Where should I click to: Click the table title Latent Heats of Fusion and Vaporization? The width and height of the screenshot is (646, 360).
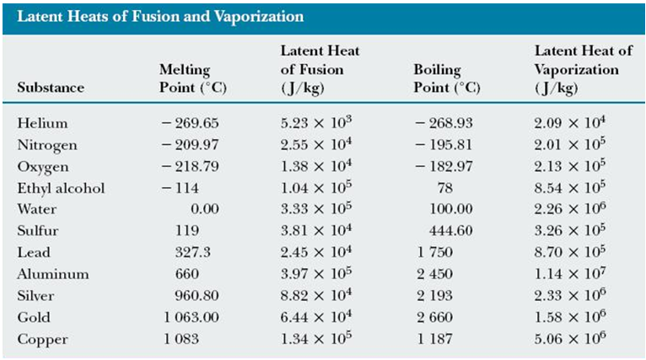tap(161, 16)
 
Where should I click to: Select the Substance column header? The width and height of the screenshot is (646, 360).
tap(50, 87)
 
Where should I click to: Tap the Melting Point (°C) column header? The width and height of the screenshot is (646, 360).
tap(193, 78)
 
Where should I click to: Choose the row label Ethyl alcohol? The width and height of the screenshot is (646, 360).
tap(61, 188)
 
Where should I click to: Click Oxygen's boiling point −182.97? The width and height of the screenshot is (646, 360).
tap(444, 166)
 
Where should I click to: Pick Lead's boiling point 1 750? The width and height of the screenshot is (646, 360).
tap(435, 252)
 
